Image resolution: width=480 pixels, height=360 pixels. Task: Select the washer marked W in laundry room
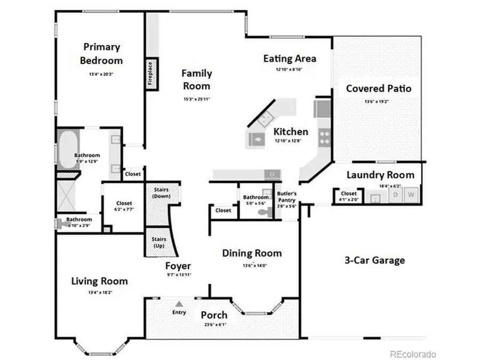(x=411, y=195)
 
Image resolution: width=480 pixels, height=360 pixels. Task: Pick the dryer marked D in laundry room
(x=396, y=195)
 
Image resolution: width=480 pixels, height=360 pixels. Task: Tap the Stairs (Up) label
(x=159, y=242)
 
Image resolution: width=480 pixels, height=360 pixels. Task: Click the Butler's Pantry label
(x=286, y=196)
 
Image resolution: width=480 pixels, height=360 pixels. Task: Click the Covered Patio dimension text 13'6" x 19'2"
(x=378, y=101)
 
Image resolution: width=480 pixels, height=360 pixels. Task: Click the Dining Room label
(x=252, y=253)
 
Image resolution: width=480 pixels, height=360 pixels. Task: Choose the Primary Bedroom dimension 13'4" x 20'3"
(x=101, y=75)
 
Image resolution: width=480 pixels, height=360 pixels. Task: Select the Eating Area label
(x=290, y=59)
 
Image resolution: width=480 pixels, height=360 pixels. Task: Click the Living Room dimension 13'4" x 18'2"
(x=99, y=292)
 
